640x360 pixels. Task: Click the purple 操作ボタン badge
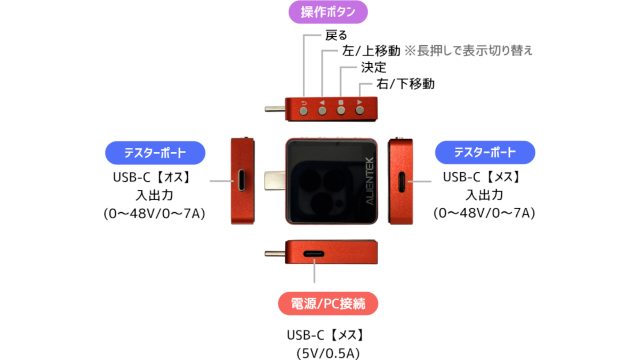point(328,12)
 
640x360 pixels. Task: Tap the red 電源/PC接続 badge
point(328,303)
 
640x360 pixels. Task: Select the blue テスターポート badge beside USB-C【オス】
point(155,153)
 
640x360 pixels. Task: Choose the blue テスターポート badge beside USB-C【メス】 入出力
point(485,153)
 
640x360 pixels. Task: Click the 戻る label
point(336,35)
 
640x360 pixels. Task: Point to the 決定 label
point(373,67)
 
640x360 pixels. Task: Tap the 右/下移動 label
point(405,84)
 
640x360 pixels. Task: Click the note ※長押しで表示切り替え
point(469,51)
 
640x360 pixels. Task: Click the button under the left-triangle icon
point(322,111)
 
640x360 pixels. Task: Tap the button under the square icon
point(341,110)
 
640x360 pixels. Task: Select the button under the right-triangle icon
point(359,110)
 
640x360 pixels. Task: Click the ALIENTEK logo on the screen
point(370,181)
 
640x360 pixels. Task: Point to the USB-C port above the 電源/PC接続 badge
point(314,254)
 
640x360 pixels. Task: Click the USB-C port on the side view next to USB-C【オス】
point(242,180)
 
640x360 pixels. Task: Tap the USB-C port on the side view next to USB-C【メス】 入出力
point(402,182)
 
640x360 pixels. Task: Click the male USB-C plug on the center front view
point(275,181)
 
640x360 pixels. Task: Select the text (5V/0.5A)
point(328,354)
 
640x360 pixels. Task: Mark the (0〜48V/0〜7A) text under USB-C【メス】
point(484,213)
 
